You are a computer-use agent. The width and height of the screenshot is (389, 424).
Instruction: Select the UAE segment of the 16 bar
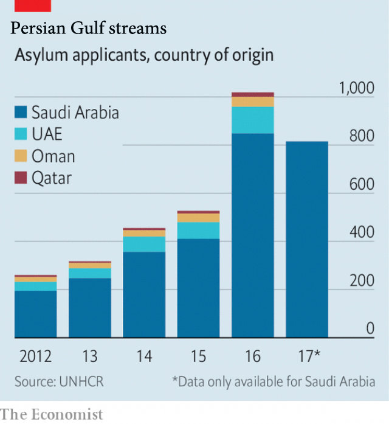[253, 120]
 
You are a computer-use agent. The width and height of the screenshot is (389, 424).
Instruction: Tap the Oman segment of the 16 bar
[253, 102]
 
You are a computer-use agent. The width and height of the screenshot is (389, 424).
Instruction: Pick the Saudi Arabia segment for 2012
[35, 314]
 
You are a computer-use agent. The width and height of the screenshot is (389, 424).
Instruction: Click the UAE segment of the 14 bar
[144, 244]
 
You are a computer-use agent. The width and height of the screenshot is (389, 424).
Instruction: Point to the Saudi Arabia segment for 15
[198, 288]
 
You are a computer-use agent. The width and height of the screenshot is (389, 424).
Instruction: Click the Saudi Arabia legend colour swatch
[21, 113]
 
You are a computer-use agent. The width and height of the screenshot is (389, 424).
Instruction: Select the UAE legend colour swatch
[21, 134]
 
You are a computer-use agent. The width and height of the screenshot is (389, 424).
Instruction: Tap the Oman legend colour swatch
[21, 156]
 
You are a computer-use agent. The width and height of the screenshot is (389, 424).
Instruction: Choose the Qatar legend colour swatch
[21, 178]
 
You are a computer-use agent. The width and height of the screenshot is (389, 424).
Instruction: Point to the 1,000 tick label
[357, 89]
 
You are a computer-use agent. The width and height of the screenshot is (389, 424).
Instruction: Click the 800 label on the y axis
[362, 137]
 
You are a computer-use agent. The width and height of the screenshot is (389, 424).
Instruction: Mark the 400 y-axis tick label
[362, 233]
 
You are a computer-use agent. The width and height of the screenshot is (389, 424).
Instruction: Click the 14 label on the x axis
[144, 356]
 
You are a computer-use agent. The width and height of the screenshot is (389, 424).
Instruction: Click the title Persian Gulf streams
[89, 28]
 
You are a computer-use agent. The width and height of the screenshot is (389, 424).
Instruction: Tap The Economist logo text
[52, 414]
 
